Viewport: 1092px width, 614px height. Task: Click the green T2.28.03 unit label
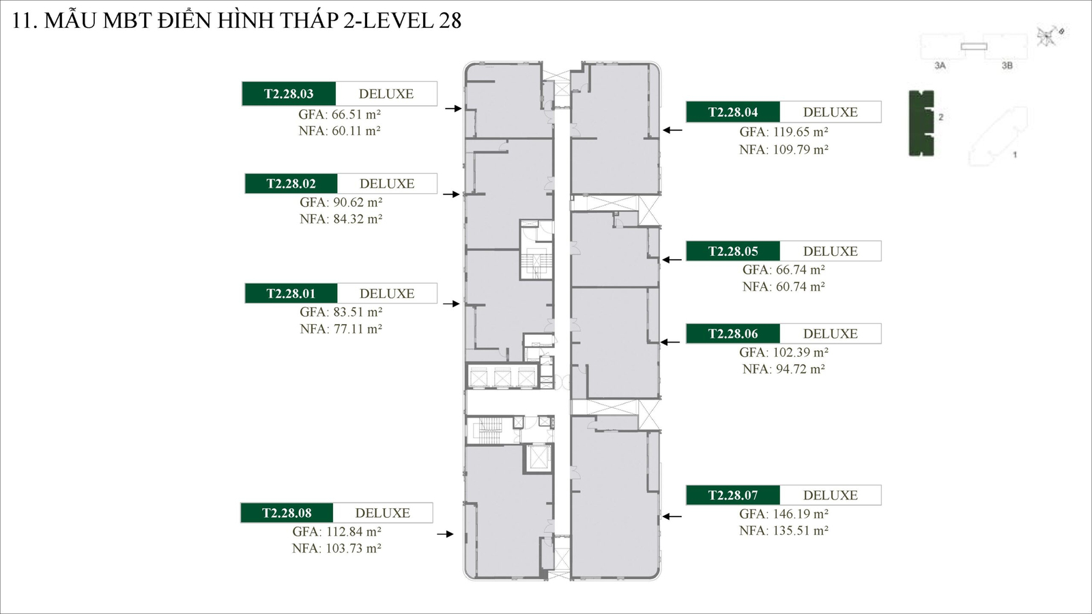coord(289,94)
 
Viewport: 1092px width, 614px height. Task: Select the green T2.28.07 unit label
coord(733,495)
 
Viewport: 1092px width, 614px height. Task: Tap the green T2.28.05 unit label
coord(733,251)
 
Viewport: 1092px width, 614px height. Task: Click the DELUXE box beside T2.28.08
coord(382,513)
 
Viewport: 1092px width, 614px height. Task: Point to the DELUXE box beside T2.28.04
coord(830,112)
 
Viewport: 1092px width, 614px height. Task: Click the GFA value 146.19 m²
coord(784,514)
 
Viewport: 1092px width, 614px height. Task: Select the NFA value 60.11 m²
coord(339,131)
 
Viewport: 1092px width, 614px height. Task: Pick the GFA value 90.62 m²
coord(341,202)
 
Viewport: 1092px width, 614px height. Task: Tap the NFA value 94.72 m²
coord(784,369)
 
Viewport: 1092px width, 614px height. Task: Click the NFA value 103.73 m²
coord(336,549)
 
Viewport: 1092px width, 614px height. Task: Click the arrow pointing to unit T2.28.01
coord(452,304)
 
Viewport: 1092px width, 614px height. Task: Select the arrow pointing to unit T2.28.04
coord(672,130)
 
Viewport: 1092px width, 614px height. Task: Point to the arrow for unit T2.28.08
coord(445,534)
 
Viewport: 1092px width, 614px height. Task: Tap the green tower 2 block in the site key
coord(921,123)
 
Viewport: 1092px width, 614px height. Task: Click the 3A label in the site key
coord(940,65)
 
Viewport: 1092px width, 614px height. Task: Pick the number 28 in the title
coord(450,20)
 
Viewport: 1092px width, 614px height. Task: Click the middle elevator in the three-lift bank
coord(502,377)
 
